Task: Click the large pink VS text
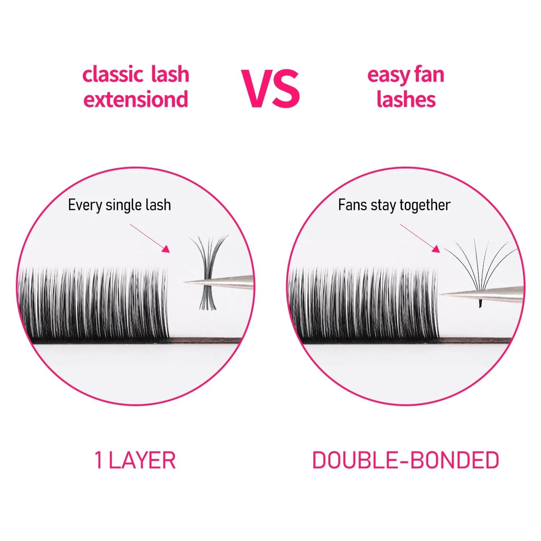(270, 89)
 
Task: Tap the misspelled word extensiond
(136, 99)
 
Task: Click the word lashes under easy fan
(406, 99)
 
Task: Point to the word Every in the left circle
(85, 205)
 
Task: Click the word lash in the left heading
(170, 75)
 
